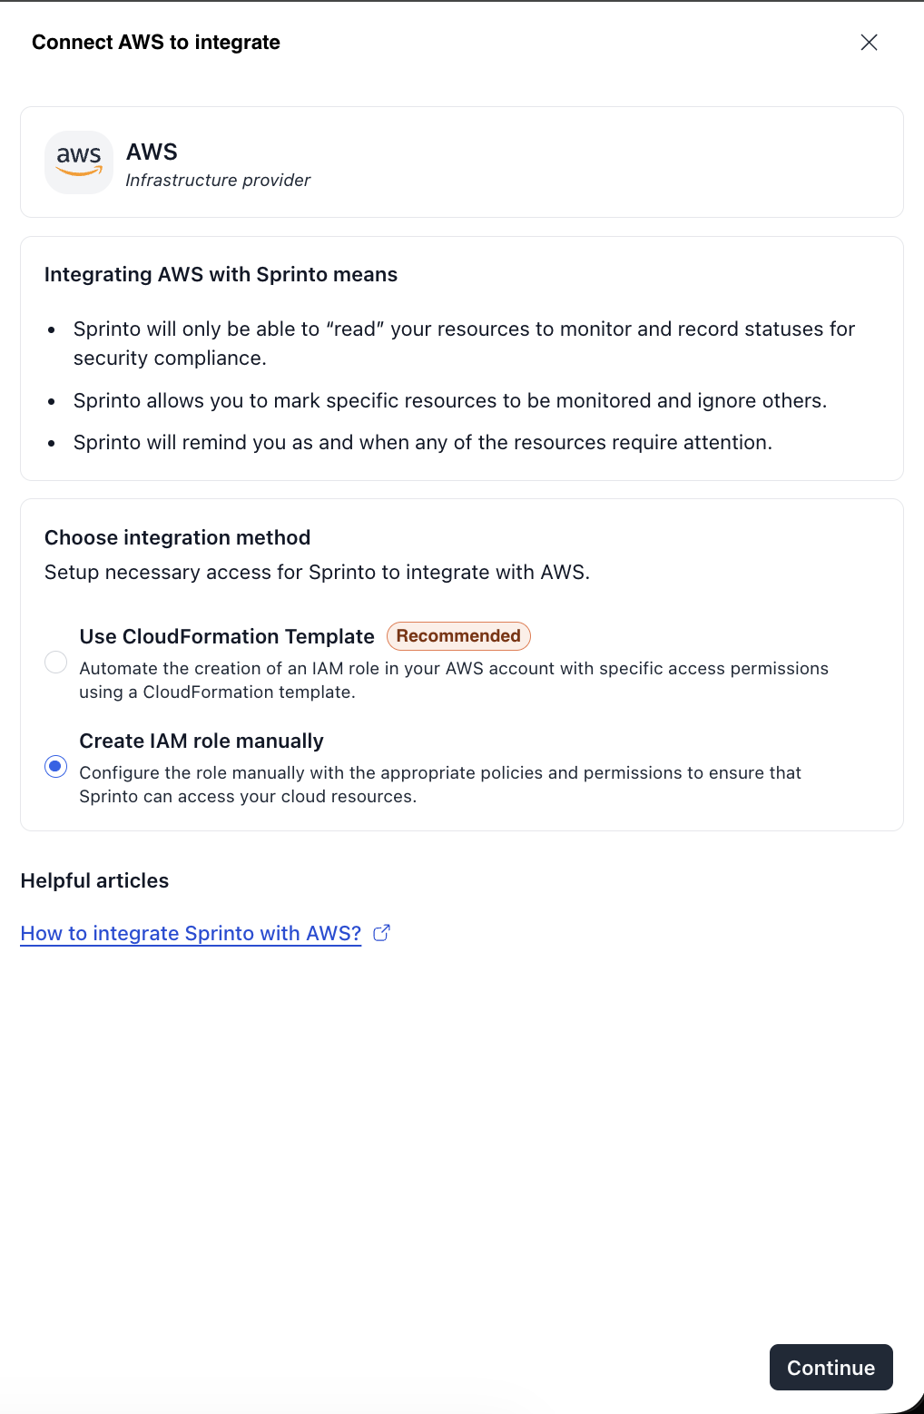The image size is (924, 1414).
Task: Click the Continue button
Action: [831, 1367]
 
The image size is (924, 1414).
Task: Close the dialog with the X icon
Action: [869, 43]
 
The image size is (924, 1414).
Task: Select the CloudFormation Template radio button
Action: [56, 663]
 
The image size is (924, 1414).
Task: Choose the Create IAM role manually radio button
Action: [56, 767]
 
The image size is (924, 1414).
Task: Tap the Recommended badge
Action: [458, 636]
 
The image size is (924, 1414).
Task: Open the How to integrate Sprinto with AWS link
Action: [191, 933]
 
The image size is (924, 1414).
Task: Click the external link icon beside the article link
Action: [382, 932]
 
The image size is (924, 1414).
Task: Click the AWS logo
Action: [79, 162]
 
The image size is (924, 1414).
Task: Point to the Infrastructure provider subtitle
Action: [218, 181]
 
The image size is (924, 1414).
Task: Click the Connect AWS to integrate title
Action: [156, 43]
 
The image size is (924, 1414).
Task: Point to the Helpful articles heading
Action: [94, 880]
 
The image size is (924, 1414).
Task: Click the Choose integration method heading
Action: [177, 537]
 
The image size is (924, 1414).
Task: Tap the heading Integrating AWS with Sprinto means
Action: [221, 274]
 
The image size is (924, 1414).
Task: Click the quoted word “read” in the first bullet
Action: [355, 329]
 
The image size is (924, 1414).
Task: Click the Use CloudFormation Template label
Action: [227, 636]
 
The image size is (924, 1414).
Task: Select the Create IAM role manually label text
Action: [202, 741]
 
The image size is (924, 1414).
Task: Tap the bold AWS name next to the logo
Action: [152, 152]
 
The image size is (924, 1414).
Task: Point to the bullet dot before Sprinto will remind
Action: [52, 443]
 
